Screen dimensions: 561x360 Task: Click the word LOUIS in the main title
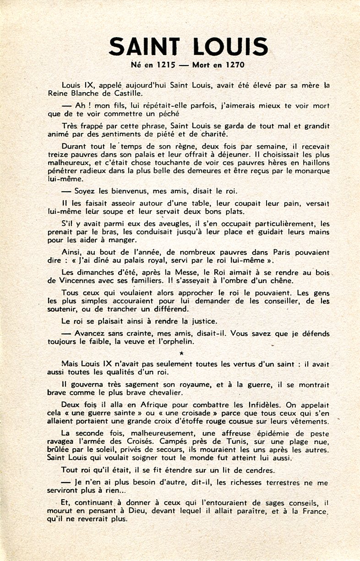click(229, 47)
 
